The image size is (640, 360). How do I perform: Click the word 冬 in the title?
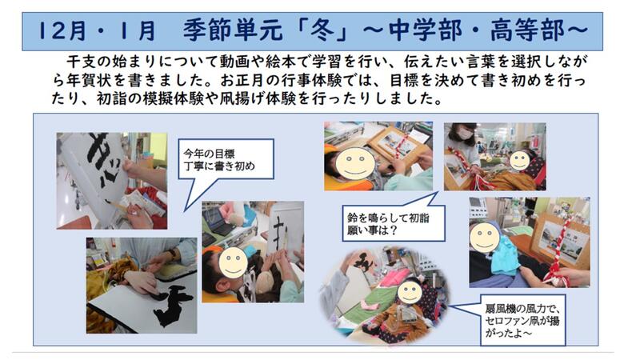click(x=323, y=30)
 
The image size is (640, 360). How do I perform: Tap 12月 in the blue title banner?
click(x=62, y=30)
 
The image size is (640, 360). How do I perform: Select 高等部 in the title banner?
click(x=527, y=30)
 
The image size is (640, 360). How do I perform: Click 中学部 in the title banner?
click(x=426, y=30)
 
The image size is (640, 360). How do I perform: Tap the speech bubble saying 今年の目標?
click(x=226, y=159)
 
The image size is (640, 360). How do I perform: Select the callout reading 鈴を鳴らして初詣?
click(x=394, y=222)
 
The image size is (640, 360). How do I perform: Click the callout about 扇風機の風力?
click(x=522, y=321)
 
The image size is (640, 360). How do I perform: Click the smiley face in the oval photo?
click(x=410, y=291)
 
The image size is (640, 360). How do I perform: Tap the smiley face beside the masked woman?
click(x=519, y=161)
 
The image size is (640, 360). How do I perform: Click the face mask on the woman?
click(x=465, y=134)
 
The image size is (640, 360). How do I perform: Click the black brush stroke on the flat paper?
click(x=174, y=306)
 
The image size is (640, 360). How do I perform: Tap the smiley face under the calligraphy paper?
click(x=233, y=262)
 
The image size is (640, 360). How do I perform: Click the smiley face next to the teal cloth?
click(x=485, y=236)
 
